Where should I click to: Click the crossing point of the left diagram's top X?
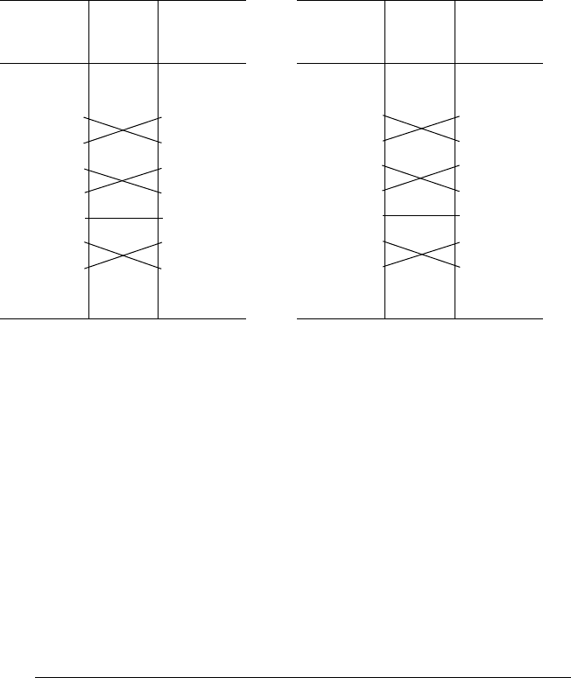click(123, 129)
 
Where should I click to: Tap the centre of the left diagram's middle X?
click(123, 179)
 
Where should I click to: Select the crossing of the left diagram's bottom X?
click(123, 255)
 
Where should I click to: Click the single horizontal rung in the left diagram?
click(123, 217)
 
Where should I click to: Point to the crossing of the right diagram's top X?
click(421, 129)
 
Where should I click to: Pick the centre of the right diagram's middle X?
click(421, 178)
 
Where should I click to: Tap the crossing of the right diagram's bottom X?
click(421, 255)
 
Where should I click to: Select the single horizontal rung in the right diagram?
click(421, 215)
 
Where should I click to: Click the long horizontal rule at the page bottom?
click(298, 675)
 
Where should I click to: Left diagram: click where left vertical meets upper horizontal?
click(88, 63)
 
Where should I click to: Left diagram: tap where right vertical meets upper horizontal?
click(159, 63)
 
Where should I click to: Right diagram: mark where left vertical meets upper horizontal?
click(384, 63)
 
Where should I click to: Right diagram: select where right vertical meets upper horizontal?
click(455, 63)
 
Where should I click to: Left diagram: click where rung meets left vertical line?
click(88, 217)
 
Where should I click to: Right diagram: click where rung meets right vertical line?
click(455, 215)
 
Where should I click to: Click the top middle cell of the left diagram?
click(123, 31)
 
